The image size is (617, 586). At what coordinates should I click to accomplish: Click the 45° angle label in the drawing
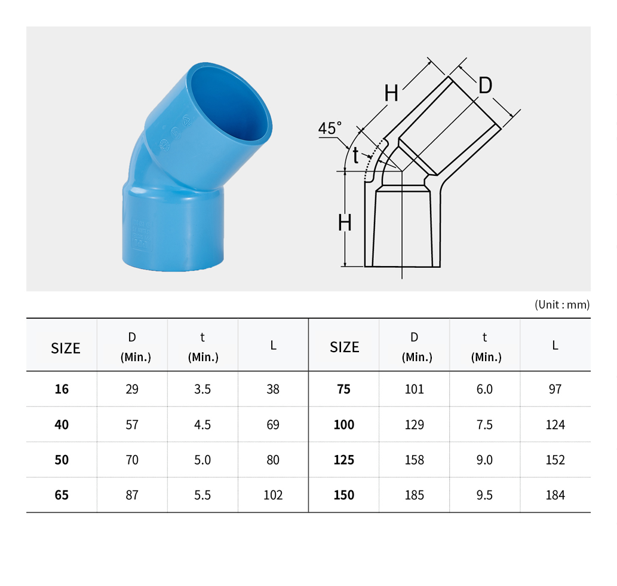pos(330,128)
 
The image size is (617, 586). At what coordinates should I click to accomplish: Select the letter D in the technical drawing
pos(485,85)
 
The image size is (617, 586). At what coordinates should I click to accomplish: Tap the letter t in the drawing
pos(356,155)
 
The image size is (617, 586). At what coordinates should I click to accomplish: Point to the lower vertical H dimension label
pos(345,223)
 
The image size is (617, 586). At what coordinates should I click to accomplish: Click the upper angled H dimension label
pos(391,93)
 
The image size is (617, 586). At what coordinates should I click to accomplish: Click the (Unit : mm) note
pos(562,304)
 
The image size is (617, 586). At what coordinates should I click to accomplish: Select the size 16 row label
pos(62,389)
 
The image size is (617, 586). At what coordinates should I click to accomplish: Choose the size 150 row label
pos(344,495)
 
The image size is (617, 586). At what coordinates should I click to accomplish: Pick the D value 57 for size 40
pos(132,425)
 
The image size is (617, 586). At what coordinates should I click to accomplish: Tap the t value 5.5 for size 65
pos(202,495)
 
